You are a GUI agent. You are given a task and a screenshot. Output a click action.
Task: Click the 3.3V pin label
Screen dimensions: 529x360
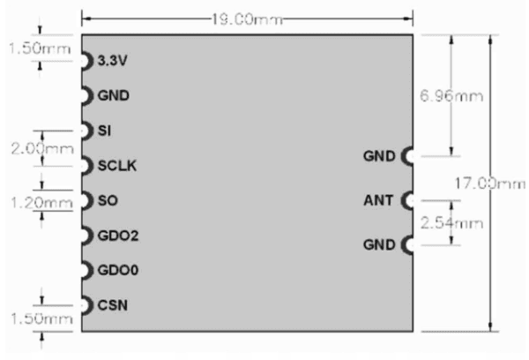(112, 61)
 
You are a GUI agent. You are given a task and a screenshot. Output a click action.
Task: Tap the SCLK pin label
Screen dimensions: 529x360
(117, 166)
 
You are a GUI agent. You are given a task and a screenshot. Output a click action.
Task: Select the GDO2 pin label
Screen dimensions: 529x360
(118, 236)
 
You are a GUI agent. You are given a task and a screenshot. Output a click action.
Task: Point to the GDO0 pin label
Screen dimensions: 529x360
(118, 271)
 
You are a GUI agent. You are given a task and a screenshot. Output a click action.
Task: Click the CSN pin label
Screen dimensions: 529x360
(112, 305)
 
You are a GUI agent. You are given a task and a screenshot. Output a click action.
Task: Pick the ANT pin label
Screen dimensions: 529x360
(378, 200)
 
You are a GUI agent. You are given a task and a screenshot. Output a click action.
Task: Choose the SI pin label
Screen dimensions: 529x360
(104, 131)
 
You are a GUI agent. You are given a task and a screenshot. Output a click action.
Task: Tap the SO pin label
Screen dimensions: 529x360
(108, 200)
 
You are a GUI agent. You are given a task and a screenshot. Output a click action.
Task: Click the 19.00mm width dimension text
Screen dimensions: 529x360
(247, 19)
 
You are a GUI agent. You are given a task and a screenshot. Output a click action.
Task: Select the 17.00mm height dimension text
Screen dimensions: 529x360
(490, 184)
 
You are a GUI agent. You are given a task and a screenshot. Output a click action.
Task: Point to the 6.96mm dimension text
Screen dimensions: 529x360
(451, 96)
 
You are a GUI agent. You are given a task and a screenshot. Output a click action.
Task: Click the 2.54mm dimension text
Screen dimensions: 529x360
(451, 223)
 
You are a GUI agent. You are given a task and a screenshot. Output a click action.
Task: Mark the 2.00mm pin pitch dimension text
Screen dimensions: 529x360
(42, 148)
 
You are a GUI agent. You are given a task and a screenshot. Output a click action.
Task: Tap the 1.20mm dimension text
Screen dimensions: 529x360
(41, 203)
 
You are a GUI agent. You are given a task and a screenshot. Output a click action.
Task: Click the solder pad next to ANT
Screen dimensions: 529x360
(407, 200)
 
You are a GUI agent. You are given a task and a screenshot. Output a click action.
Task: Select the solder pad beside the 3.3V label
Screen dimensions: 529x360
(87, 61)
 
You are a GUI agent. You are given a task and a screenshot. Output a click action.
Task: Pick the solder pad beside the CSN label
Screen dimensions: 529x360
(87, 305)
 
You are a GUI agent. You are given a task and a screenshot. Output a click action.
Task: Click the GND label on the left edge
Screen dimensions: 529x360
(114, 96)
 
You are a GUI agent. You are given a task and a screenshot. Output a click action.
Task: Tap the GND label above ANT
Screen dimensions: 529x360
(379, 156)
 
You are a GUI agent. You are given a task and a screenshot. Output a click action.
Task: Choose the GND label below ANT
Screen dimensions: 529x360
(379, 244)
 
